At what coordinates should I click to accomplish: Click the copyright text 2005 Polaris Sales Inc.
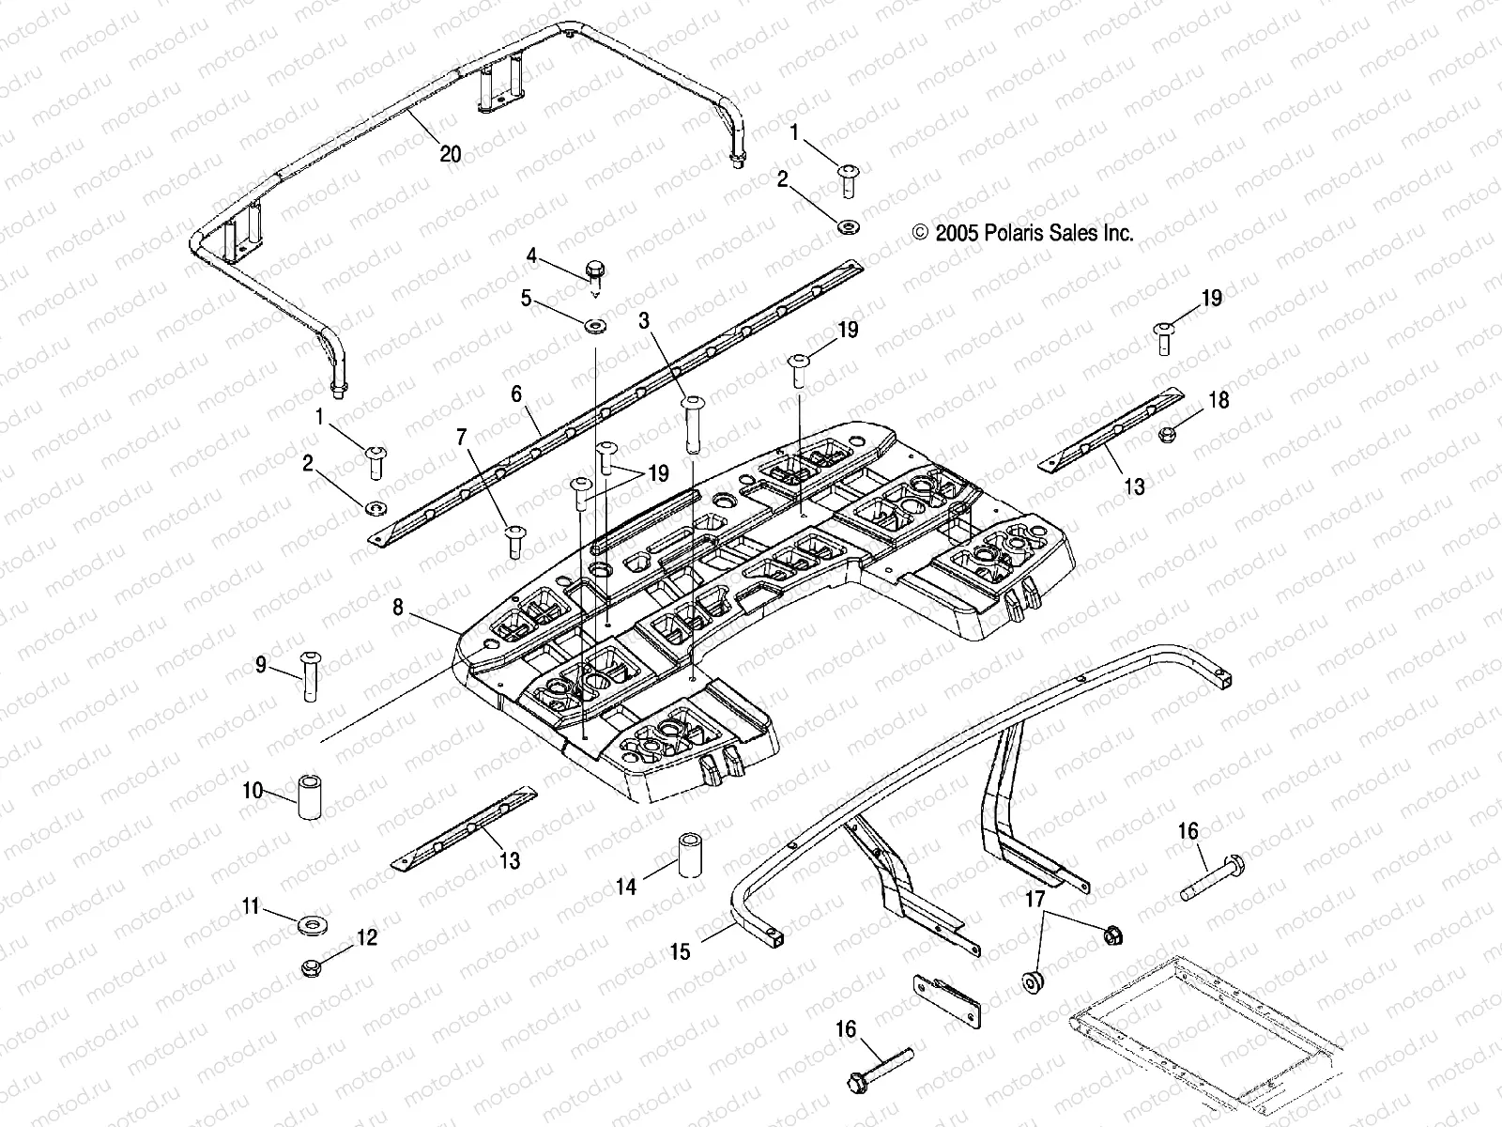click(x=1023, y=233)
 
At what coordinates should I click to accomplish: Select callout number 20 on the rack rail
click(x=451, y=153)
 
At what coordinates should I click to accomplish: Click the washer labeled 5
click(x=594, y=326)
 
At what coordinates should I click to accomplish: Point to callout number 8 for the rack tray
click(x=398, y=608)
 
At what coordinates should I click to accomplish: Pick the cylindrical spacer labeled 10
click(x=310, y=796)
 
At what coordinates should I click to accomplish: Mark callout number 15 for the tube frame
click(x=680, y=951)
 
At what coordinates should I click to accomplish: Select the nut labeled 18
click(x=1170, y=434)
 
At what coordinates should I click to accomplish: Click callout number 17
click(x=1034, y=900)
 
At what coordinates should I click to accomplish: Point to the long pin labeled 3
click(x=695, y=425)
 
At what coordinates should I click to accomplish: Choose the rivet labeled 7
click(x=513, y=541)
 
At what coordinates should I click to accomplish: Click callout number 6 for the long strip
click(x=516, y=394)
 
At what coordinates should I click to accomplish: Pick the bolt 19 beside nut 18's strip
click(x=1165, y=336)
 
